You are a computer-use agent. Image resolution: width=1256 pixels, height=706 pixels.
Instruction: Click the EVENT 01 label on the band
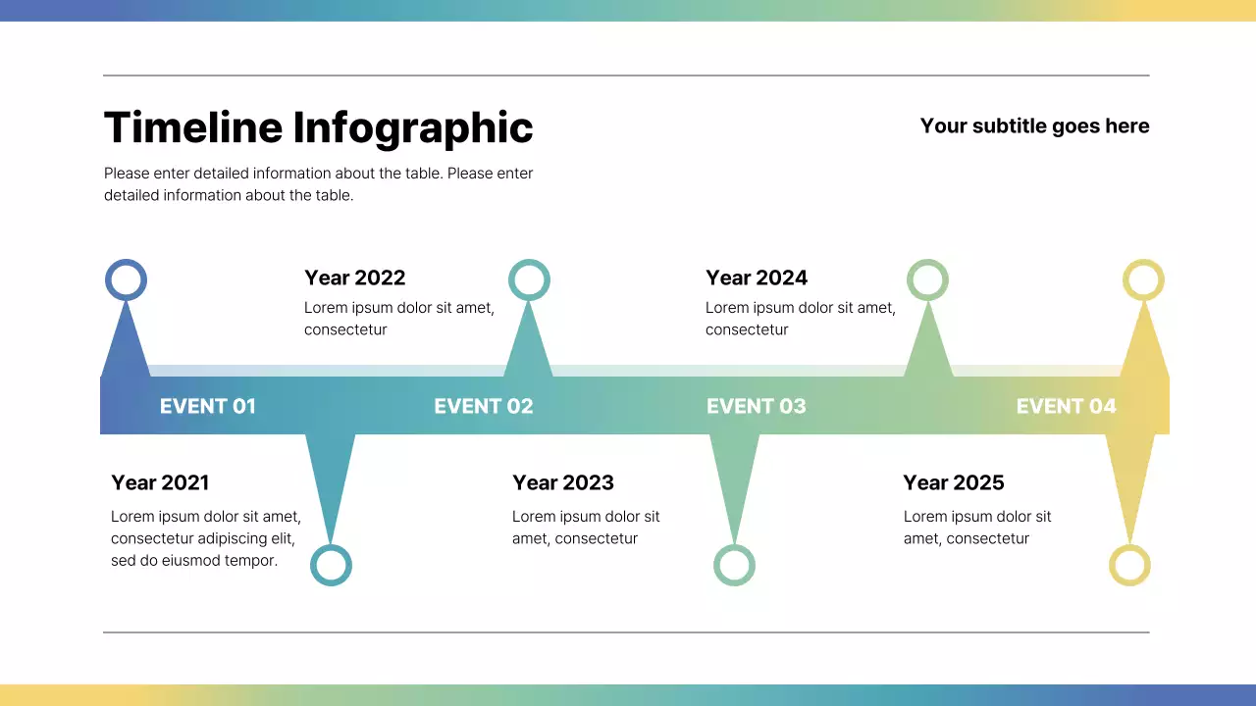[x=207, y=406]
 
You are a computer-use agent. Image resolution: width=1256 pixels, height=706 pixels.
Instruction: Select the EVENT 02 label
[x=483, y=406]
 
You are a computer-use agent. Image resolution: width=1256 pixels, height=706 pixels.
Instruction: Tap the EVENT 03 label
[x=756, y=406]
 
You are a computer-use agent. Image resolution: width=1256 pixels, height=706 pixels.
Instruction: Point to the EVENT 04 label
[x=1066, y=406]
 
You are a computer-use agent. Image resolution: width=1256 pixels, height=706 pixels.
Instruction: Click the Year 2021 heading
[x=160, y=482]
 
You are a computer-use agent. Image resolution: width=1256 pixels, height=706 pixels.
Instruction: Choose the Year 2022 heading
[x=354, y=277]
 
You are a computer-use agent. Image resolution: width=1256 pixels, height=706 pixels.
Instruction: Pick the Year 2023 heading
[x=562, y=482]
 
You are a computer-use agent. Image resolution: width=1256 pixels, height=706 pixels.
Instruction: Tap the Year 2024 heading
[x=756, y=277]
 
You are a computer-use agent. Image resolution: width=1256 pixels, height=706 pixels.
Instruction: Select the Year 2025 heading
[x=953, y=482]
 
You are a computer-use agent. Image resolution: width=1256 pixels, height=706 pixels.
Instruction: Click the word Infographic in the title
[x=413, y=128]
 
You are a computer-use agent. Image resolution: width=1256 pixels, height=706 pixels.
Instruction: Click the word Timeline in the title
[x=192, y=128]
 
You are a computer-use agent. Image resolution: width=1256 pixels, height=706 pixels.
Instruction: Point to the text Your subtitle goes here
[x=1034, y=126]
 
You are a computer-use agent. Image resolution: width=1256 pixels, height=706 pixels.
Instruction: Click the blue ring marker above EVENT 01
[x=126, y=279]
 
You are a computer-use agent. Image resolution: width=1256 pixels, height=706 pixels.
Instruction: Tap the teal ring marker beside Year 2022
[x=529, y=279]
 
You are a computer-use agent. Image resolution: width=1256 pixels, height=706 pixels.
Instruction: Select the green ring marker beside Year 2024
[x=927, y=279]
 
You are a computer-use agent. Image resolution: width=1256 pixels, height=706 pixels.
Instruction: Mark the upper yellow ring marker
[x=1143, y=279]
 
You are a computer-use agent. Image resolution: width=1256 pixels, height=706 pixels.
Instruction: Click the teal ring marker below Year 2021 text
[x=331, y=566]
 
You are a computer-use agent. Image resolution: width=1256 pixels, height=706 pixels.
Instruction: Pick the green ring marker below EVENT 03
[x=734, y=566]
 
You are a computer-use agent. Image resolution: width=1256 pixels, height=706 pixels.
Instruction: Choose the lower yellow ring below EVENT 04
[x=1129, y=566]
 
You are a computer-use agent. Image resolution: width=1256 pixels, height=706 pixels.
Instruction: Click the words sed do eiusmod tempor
[x=194, y=561]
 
